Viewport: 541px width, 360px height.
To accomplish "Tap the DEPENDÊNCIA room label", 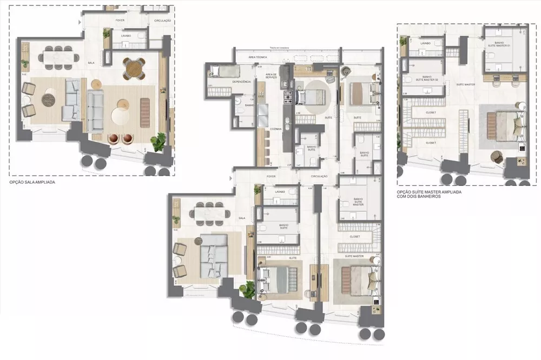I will (241, 81).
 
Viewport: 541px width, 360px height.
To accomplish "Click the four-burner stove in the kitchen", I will (287, 97).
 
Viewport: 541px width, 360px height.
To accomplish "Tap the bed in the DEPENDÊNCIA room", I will (221, 70).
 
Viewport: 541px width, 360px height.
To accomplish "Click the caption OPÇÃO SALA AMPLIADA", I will (32, 183).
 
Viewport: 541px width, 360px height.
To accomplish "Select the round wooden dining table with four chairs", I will (133, 68).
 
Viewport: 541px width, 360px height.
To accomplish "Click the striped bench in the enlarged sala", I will (145, 112).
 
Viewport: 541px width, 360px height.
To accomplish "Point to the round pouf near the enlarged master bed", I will (497, 156).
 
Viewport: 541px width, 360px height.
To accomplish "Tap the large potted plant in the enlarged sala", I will (159, 142).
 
